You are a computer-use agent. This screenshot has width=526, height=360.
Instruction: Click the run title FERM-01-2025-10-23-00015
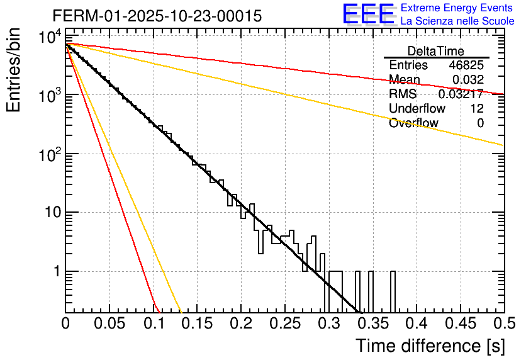[157, 16]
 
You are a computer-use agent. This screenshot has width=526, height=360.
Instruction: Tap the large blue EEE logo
[368, 14]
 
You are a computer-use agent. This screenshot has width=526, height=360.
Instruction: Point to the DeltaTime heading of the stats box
[436, 51]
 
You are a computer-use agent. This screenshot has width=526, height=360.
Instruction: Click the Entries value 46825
[466, 65]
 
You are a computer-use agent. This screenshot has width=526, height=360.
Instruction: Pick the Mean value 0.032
[468, 79]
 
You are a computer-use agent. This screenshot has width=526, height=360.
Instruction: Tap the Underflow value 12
[477, 109]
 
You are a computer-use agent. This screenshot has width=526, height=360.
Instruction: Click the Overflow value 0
[480, 123]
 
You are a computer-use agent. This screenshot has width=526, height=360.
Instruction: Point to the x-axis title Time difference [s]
[428, 346]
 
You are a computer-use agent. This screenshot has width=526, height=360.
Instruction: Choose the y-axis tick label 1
[55, 272]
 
